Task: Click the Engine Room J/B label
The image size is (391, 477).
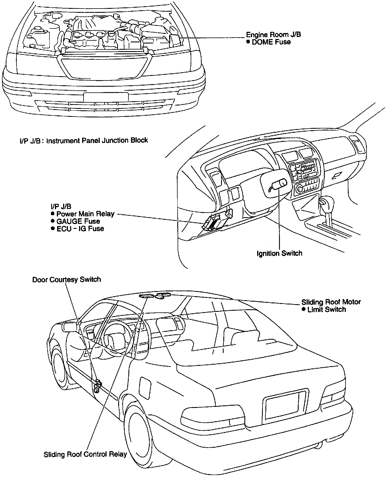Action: click(273, 35)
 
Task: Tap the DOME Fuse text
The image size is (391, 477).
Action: click(271, 42)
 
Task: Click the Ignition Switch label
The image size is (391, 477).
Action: click(279, 253)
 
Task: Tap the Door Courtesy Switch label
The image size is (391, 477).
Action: click(66, 280)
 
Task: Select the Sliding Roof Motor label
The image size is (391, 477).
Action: click(331, 302)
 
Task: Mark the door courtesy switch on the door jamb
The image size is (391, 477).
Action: click(97, 386)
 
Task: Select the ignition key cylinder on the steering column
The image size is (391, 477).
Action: click(279, 184)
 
